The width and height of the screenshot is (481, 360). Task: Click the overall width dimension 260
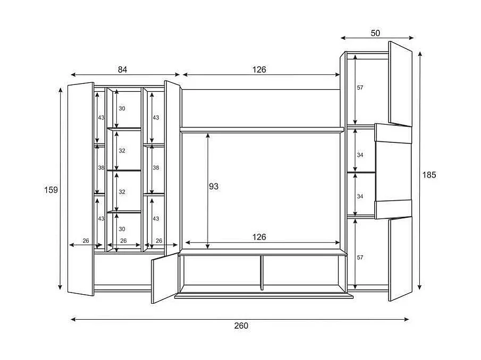click(241, 325)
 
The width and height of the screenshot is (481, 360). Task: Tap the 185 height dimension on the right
click(429, 175)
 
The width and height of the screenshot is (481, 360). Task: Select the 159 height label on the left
click(51, 190)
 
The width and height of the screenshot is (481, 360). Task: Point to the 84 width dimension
click(123, 69)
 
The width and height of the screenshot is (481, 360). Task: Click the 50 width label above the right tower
click(375, 33)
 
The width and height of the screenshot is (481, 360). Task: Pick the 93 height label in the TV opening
click(213, 186)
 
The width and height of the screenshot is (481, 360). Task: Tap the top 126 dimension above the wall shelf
click(259, 70)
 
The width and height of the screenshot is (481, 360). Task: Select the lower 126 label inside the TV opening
click(259, 237)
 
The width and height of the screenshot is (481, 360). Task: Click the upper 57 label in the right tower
click(360, 88)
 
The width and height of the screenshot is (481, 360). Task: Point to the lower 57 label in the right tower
click(360, 258)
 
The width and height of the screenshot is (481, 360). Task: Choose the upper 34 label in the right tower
click(360, 155)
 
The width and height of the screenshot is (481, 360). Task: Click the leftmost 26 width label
click(86, 241)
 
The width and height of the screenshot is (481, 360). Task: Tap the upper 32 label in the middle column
click(122, 151)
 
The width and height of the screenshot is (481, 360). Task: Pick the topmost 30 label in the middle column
click(122, 108)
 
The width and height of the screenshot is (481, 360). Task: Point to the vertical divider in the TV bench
click(261, 272)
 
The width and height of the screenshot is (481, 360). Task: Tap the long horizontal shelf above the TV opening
click(263, 129)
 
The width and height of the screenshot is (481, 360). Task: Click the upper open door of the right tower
click(400, 83)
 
